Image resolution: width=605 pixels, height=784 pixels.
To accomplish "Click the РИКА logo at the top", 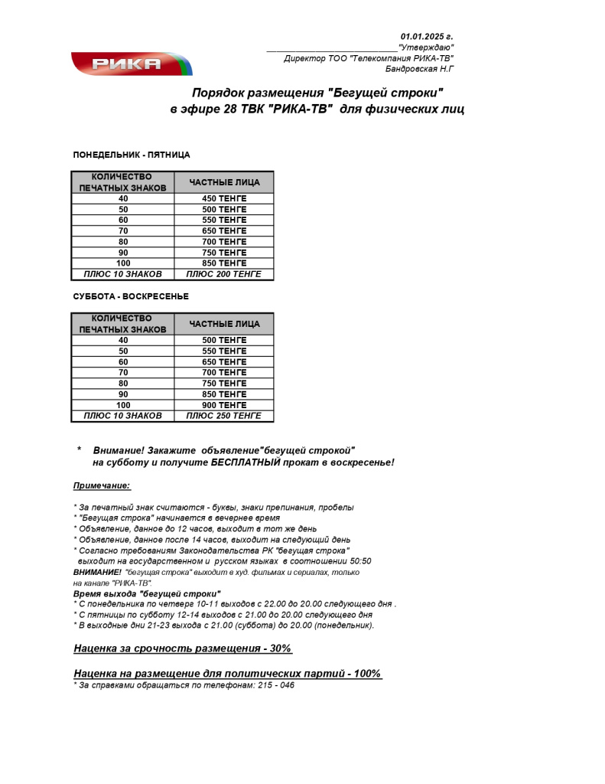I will point(131,64).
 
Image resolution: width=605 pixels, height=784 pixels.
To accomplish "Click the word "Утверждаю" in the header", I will point(426,47).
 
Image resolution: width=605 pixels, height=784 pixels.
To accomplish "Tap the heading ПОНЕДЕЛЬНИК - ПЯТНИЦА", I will point(132,155).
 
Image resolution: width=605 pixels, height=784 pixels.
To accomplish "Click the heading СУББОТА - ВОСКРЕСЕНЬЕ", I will point(131,296).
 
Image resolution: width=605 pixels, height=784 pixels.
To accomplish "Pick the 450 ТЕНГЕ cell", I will point(224,198).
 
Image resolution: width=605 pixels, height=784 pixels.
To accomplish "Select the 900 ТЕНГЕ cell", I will point(224,405).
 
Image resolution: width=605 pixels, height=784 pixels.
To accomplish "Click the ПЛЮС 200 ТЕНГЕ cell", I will point(224,274).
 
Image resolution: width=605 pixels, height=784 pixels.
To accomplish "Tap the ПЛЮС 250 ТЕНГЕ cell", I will point(224,416).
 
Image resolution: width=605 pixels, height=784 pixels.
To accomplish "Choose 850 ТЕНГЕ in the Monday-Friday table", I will point(224,263).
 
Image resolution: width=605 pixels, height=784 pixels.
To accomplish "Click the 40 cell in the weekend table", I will point(123,340).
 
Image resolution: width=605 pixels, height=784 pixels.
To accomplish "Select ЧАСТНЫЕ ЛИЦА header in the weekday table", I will point(224,182).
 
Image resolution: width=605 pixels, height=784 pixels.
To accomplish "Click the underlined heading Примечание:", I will point(102,485).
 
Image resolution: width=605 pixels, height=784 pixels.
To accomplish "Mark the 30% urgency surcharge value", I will point(280,648).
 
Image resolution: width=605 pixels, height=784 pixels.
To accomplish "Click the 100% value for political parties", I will point(367,673).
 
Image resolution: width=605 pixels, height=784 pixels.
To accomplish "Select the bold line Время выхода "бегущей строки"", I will point(147,593).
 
